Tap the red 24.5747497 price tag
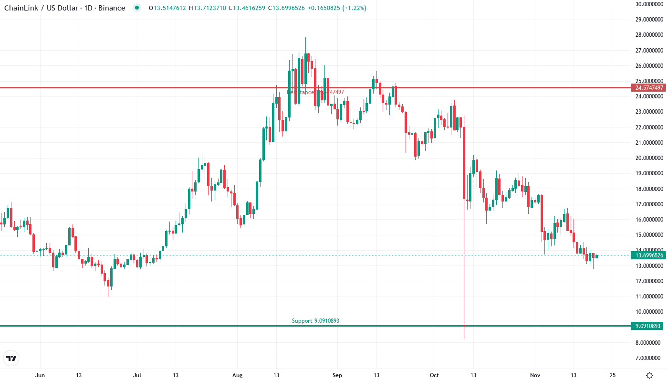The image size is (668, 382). click(647, 88)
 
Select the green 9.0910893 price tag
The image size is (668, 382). click(647, 326)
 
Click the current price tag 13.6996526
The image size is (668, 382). click(647, 255)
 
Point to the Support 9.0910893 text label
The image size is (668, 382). click(315, 321)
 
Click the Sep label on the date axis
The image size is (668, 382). click(337, 375)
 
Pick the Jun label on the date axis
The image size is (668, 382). click(40, 375)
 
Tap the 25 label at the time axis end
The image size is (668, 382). click(613, 375)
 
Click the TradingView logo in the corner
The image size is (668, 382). click(11, 358)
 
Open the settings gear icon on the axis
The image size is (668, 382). click(649, 375)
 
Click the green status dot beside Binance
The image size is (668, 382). click(137, 8)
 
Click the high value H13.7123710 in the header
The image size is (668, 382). click(208, 8)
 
